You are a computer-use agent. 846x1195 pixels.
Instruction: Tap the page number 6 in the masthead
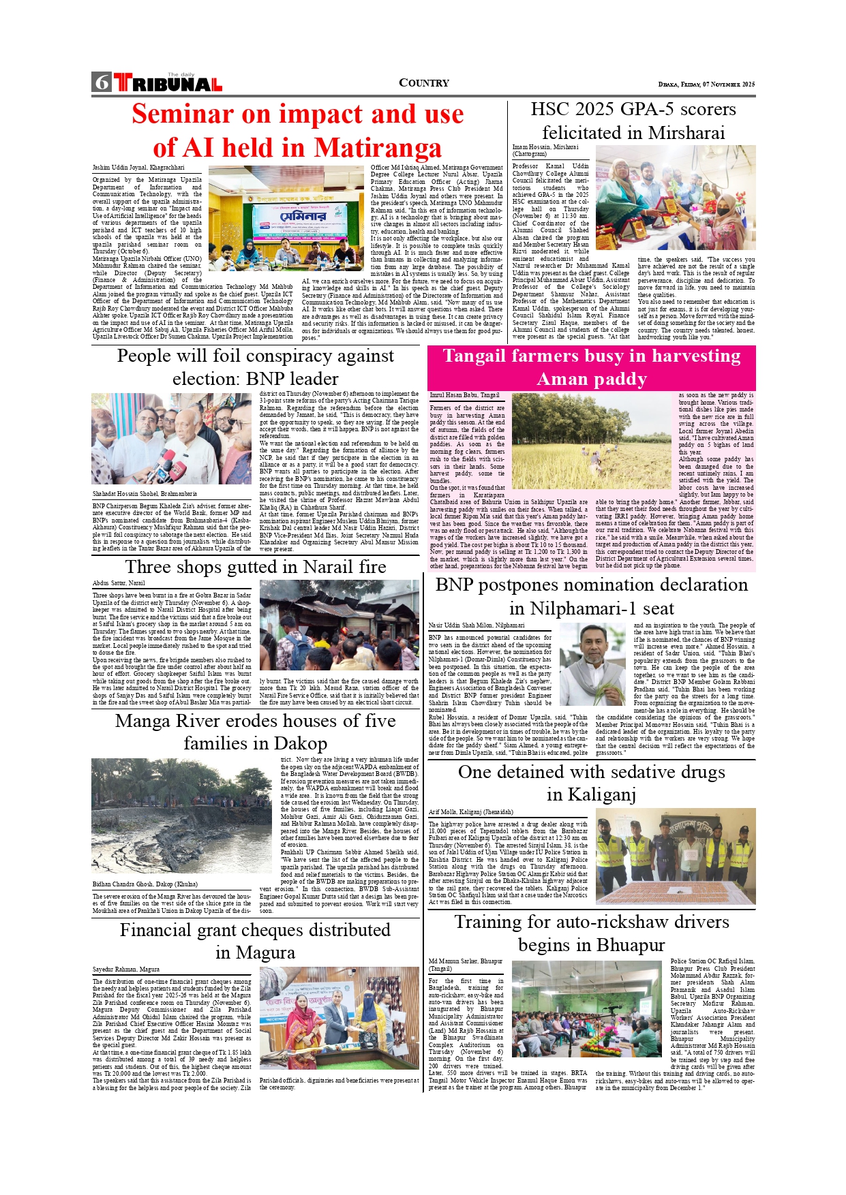(x=102, y=82)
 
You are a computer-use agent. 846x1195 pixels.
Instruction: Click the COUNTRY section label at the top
(x=423, y=83)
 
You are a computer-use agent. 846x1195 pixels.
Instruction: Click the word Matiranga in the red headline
(x=378, y=148)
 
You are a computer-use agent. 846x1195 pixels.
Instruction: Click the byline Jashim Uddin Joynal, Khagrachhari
(x=138, y=168)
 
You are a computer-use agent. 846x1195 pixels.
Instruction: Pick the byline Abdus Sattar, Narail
(x=119, y=583)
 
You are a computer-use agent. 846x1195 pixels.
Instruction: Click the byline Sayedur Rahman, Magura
(x=126, y=969)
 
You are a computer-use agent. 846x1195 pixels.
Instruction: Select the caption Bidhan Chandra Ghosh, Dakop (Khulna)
(x=145, y=884)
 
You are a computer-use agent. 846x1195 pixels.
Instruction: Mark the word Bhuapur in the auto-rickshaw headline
(x=628, y=945)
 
